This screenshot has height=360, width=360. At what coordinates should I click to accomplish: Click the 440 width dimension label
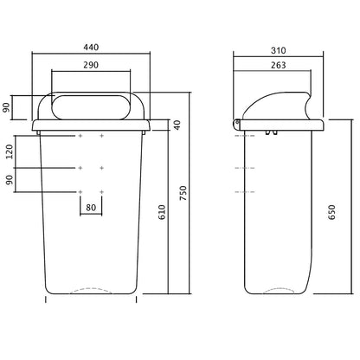(91, 47)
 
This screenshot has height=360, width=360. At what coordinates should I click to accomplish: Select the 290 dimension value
(91, 65)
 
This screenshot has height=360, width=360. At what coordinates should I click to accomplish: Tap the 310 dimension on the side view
(279, 50)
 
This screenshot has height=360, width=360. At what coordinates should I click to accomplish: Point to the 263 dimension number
(279, 65)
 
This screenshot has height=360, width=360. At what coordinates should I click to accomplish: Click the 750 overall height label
(183, 193)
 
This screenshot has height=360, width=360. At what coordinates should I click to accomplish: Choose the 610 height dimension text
(162, 212)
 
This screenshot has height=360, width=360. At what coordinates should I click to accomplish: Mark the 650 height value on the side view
(332, 212)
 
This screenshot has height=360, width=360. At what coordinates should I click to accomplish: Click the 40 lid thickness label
(177, 125)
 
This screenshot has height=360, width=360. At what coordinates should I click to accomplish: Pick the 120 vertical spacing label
(10, 151)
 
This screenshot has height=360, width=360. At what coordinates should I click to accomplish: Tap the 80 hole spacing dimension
(91, 208)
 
